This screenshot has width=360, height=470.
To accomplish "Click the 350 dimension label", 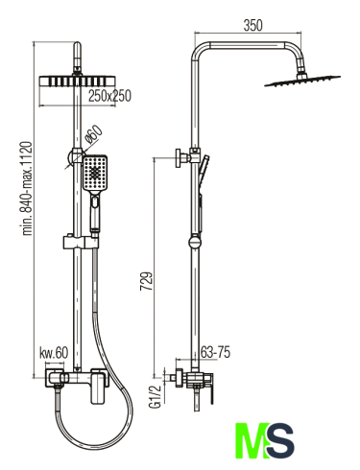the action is [252, 26].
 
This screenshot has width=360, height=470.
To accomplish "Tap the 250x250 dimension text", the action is [109, 96].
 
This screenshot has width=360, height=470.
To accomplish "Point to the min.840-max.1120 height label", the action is [27, 188].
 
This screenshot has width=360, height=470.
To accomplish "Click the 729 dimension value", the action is [147, 281].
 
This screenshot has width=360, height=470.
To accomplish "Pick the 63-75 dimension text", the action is [215, 352].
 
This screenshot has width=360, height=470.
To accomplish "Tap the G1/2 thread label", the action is [155, 396].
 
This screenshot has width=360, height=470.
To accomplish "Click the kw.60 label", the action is [54, 353].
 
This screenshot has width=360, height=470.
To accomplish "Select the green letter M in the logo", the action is [252, 441].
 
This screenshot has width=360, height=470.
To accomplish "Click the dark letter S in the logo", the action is [279, 441].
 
